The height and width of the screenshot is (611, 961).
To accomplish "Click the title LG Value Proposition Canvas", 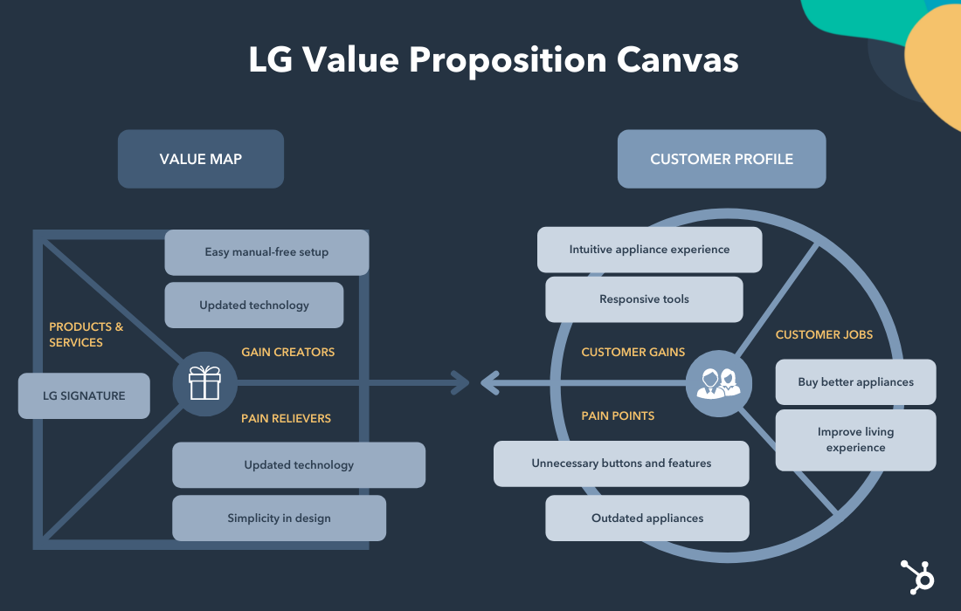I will click(x=494, y=60).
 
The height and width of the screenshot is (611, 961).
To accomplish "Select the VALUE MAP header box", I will click(x=201, y=159).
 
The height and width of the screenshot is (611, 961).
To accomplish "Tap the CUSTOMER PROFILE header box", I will click(x=722, y=159).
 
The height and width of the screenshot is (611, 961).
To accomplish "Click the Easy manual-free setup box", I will click(x=266, y=252).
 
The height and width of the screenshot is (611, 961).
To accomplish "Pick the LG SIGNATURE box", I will click(x=84, y=395).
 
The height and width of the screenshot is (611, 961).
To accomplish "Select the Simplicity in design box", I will click(x=279, y=518).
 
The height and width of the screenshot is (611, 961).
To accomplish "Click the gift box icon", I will click(x=204, y=382).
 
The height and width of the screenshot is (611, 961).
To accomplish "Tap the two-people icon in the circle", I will click(x=718, y=382).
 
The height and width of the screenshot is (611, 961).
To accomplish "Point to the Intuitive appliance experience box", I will click(x=649, y=250).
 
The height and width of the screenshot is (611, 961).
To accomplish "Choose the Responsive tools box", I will click(x=644, y=299).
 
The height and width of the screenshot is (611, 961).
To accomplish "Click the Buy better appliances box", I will click(x=855, y=382).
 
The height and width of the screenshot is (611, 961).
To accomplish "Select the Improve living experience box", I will click(x=855, y=440).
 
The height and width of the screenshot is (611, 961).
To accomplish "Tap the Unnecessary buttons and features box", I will click(x=621, y=463).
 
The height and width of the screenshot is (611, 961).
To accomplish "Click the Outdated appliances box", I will click(x=647, y=518).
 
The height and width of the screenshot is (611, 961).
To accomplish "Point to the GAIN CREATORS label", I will click(x=288, y=352).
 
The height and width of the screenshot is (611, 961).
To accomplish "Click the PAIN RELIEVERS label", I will click(x=287, y=418).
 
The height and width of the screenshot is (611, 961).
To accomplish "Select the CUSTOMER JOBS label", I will click(x=824, y=334).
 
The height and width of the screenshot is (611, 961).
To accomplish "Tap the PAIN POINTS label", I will click(x=618, y=415).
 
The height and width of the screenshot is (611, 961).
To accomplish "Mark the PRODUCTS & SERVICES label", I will click(x=86, y=334).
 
